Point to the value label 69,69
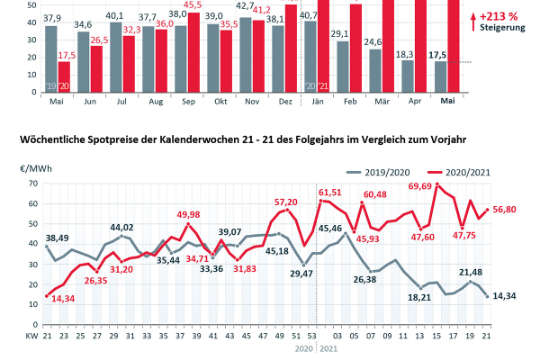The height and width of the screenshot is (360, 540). [425, 187]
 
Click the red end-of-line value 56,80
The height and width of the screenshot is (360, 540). [503, 211]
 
